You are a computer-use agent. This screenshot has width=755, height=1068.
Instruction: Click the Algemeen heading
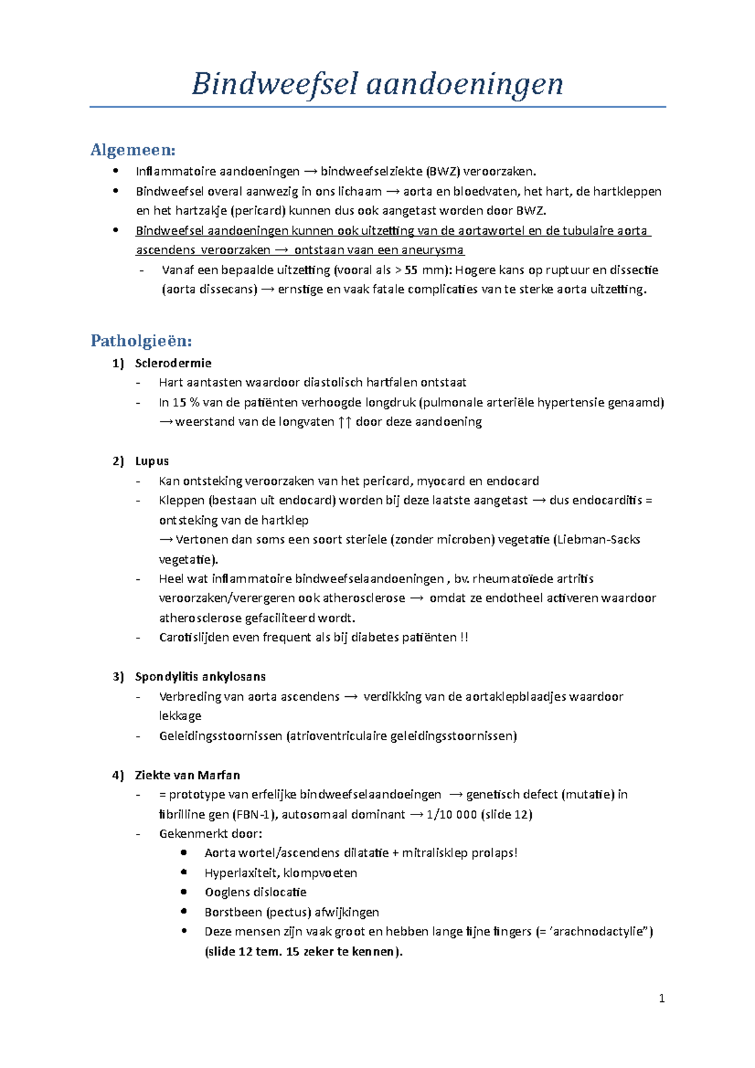click(x=133, y=150)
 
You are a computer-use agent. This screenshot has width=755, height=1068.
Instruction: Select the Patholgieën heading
click(x=141, y=341)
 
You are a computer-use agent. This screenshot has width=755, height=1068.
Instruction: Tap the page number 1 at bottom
click(x=661, y=998)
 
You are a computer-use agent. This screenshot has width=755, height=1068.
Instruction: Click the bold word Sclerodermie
click(x=173, y=363)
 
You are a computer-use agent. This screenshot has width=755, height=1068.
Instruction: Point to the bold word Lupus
click(x=152, y=461)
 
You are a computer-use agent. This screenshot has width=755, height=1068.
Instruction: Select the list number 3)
click(x=118, y=677)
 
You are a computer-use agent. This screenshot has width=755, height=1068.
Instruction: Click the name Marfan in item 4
click(x=220, y=775)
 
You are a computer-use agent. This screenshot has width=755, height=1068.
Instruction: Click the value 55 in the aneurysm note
click(x=411, y=270)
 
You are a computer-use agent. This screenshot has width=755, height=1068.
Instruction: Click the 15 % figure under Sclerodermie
click(x=186, y=403)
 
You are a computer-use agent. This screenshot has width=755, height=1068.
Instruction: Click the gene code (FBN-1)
click(x=254, y=815)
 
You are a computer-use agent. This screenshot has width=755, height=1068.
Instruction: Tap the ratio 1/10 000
click(x=451, y=815)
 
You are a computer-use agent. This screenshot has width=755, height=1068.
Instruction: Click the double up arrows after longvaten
click(x=344, y=422)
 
